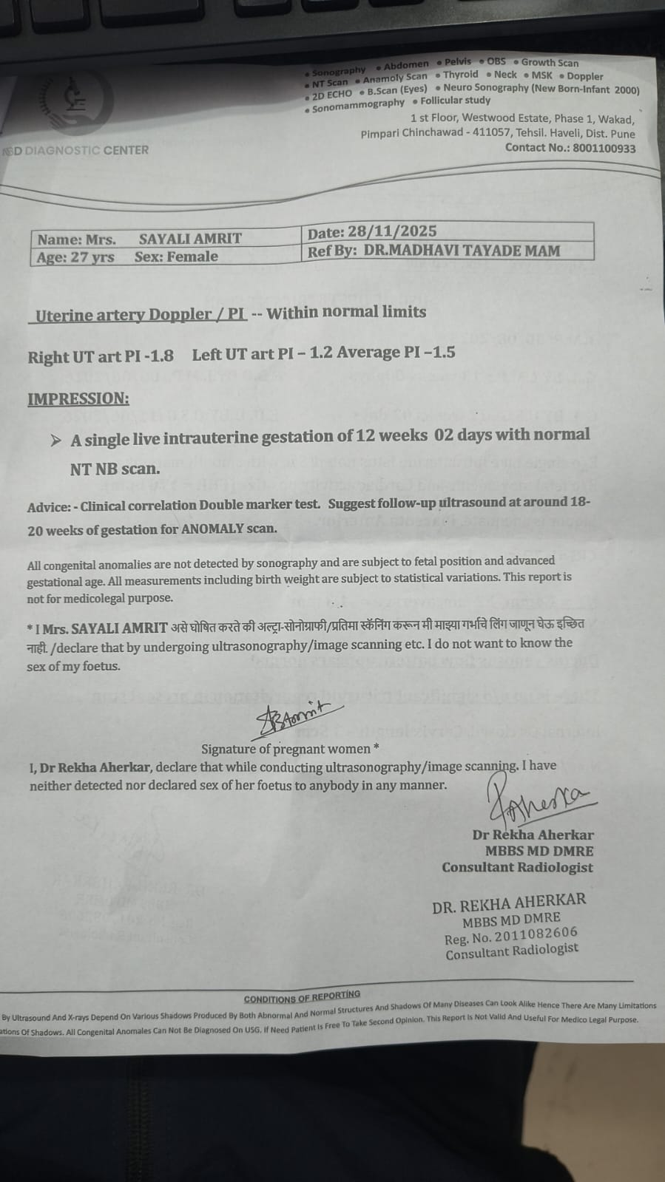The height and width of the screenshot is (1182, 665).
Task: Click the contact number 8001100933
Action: [599, 148]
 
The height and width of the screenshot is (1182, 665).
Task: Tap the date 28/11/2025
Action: [392, 232]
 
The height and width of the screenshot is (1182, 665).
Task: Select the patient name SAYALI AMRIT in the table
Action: [190, 239]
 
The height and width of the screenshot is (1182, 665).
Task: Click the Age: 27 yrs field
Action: [75, 257]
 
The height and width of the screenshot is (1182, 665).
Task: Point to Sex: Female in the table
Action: [176, 257]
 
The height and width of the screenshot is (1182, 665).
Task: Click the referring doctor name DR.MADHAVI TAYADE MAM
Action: [462, 251]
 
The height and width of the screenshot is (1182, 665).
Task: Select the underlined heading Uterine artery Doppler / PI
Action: [141, 314]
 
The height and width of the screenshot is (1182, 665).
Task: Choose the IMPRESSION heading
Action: [78, 398]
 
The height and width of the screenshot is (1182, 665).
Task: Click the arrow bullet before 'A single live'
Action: [55, 441]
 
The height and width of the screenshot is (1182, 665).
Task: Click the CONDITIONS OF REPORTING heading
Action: [302, 997]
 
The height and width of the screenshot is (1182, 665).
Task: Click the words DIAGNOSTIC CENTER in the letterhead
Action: [87, 150]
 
